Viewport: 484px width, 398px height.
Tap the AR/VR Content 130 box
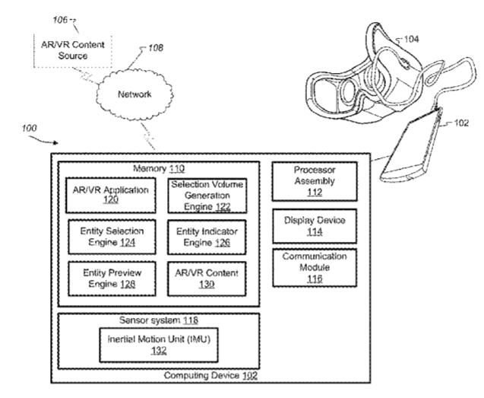pos(202,278)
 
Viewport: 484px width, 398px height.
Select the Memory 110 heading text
pos(159,168)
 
